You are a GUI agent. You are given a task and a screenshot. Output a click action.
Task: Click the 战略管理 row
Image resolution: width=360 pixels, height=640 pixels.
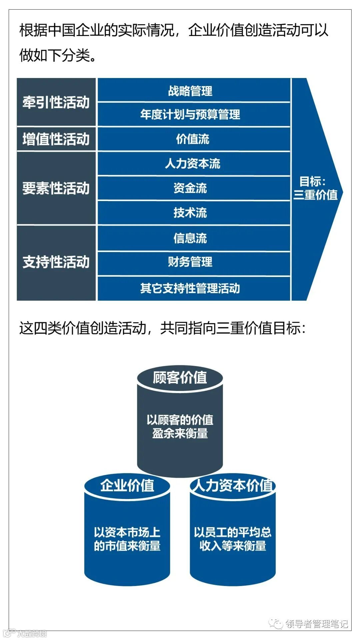point(190,91)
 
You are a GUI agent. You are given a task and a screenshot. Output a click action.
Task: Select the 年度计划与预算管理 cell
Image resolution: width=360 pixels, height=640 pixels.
point(190,114)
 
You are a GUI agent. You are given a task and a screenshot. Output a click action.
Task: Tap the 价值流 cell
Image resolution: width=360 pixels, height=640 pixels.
point(193,139)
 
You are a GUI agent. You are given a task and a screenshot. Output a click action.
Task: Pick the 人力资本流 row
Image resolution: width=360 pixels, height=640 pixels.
point(193,164)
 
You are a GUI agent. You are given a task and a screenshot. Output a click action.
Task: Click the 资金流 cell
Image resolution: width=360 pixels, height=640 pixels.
point(190,188)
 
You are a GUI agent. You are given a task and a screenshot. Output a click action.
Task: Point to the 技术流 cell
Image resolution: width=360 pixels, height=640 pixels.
point(190,213)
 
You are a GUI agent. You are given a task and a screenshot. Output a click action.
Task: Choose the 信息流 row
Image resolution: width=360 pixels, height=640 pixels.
point(190,238)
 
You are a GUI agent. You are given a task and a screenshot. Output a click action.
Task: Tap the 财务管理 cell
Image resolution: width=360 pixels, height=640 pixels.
point(190,262)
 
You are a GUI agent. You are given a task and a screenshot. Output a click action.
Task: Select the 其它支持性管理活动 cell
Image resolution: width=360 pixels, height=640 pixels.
point(190,288)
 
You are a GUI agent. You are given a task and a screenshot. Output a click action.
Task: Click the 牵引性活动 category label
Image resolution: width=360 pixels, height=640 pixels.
point(56,102)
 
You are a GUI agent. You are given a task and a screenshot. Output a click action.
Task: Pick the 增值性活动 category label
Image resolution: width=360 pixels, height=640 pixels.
point(56,139)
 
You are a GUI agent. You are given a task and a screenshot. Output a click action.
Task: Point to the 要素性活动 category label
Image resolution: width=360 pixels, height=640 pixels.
point(56,188)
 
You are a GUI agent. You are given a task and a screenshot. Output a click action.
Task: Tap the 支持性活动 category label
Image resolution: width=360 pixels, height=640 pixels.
point(56,262)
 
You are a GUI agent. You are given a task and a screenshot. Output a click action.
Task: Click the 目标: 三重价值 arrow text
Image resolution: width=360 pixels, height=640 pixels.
point(315,188)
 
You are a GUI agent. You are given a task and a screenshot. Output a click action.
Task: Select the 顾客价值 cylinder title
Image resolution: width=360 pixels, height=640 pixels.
point(180,378)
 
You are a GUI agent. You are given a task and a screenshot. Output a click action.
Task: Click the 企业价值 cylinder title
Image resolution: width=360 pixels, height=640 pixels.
point(127,485)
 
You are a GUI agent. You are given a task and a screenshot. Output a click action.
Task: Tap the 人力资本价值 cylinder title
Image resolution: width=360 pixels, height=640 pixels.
point(233,485)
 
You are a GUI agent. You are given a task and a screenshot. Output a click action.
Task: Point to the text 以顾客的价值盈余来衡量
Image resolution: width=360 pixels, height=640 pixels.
point(180,426)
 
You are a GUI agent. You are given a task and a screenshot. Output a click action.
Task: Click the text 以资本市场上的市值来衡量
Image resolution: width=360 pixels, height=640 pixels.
point(127,539)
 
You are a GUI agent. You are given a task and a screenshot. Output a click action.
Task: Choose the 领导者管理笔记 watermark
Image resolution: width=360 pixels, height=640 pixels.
point(316,624)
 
